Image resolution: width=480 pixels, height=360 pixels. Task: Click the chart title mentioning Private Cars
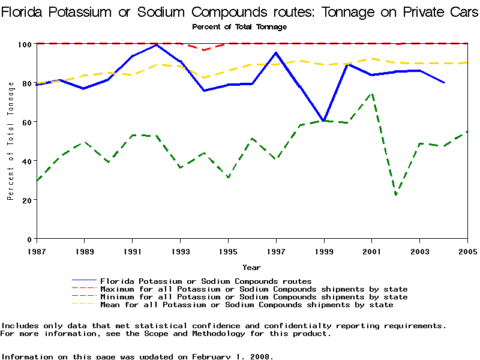pos(239,13)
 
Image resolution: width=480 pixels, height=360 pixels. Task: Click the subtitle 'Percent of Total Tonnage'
pos(239,26)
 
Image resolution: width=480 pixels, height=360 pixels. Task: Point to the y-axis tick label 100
pos(25,44)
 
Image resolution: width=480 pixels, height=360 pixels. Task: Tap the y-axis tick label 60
pos(27,122)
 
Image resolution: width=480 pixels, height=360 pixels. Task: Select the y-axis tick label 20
pos(27,200)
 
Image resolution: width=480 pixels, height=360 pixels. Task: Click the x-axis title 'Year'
pos(251,268)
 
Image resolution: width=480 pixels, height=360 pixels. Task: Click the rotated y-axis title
pos(11,142)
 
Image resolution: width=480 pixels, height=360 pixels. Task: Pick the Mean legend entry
pos(247,305)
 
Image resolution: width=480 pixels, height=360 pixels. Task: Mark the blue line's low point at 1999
pos(324,121)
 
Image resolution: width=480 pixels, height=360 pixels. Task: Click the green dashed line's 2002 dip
pos(396,194)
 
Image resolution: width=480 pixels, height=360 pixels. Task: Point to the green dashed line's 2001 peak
pos(372,94)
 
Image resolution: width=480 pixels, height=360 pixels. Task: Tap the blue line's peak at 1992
pos(156,45)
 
